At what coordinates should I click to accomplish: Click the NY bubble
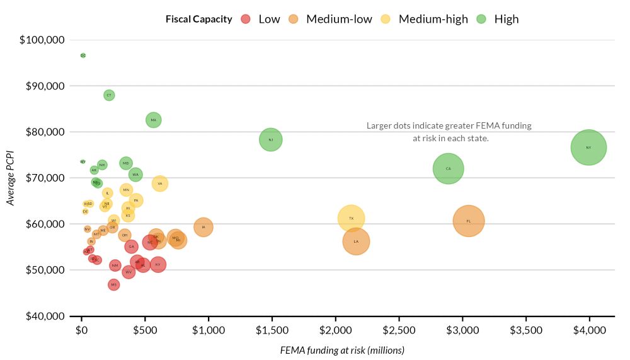click(588, 148)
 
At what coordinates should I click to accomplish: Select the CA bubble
click(448, 169)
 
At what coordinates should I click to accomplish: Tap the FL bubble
click(468, 221)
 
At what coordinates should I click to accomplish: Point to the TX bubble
click(351, 219)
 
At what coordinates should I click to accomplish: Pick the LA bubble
click(356, 241)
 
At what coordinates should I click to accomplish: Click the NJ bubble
click(270, 140)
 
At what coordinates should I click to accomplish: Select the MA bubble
click(154, 120)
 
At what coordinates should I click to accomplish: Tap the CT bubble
click(109, 95)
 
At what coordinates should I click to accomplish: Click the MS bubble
click(114, 285)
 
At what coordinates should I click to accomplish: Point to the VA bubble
click(160, 183)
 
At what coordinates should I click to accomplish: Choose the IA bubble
click(203, 227)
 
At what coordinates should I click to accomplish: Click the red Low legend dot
click(246, 19)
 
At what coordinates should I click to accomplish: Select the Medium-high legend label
click(433, 19)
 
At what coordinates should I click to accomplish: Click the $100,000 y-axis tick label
click(42, 40)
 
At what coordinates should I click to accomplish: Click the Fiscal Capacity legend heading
click(198, 19)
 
